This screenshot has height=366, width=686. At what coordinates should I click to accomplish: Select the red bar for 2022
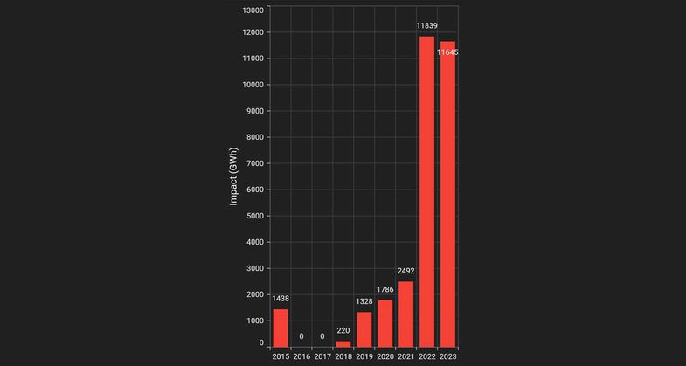click(x=426, y=191)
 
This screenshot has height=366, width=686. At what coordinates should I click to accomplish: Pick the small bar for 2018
click(x=343, y=343)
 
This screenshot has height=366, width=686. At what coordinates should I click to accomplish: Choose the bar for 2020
click(x=385, y=323)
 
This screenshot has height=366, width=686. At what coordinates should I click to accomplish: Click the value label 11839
click(x=426, y=25)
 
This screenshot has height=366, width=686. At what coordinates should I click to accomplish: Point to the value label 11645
click(x=447, y=52)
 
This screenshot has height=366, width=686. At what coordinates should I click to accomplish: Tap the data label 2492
click(x=406, y=271)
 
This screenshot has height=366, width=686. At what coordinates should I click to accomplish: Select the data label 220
click(x=343, y=330)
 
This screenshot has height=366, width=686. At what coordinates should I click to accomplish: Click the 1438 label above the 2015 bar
click(x=281, y=299)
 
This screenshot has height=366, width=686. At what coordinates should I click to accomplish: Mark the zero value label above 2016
click(x=301, y=335)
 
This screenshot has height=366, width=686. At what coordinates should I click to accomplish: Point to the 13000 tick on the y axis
click(x=253, y=10)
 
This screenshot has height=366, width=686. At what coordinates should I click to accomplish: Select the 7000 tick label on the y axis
click(x=254, y=163)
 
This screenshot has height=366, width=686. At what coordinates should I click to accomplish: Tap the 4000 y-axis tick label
click(x=254, y=242)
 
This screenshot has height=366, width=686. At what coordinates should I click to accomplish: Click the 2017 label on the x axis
click(x=322, y=356)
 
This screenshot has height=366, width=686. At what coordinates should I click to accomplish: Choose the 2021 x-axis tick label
click(x=406, y=356)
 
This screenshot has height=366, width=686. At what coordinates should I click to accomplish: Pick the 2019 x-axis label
click(x=364, y=356)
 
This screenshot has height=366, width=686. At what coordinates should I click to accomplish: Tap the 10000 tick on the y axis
click(x=253, y=85)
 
